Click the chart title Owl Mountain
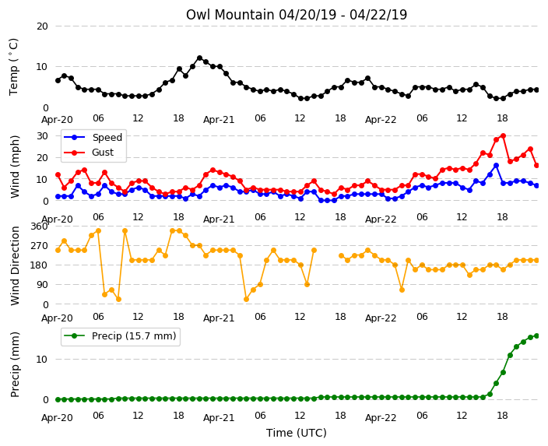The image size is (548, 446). click(x=230, y=15)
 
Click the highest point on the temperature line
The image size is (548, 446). click(x=199, y=58)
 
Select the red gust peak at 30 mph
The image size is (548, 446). click(x=503, y=135)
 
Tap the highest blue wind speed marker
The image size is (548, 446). click(x=496, y=166)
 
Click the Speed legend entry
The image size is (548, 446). click(x=93, y=137)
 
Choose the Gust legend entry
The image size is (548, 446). click(x=89, y=153)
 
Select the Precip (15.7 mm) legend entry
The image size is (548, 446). click(x=120, y=336)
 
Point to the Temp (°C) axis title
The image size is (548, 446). click(x=13, y=67)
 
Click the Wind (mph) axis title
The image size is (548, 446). click(x=15, y=167)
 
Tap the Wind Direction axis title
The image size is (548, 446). click(x=15, y=265)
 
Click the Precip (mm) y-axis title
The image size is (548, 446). click(x=15, y=364)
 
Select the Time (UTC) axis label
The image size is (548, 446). click(x=297, y=433)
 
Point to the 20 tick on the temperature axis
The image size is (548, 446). click(x=42, y=26)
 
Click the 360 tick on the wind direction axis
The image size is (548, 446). click(x=39, y=227)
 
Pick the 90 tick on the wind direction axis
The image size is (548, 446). click(x=42, y=285)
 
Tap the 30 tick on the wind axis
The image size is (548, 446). click(x=42, y=135)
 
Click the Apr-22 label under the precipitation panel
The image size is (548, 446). click(x=381, y=418)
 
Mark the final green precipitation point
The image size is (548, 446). click(x=537, y=336)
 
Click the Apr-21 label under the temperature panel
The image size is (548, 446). click(x=219, y=120)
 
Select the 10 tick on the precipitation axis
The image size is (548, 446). click(x=42, y=360)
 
